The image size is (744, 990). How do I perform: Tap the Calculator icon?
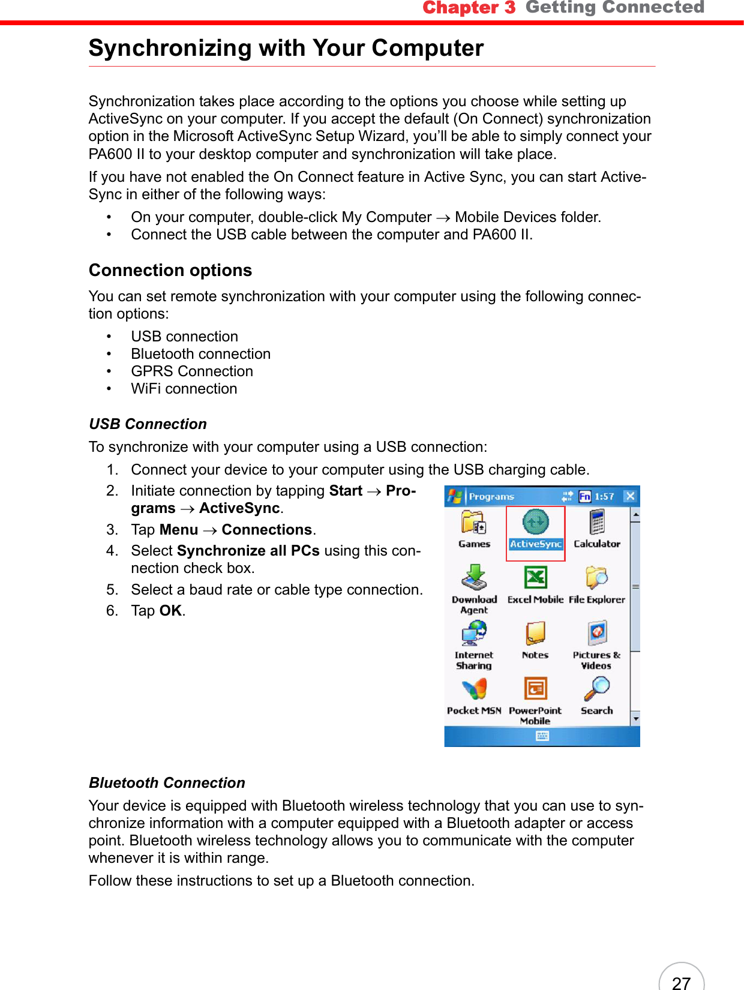coord(597,522)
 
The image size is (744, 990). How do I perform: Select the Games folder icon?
coord(474,523)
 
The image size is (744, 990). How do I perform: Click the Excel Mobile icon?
coord(535,578)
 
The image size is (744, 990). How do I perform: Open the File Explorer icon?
coord(596,578)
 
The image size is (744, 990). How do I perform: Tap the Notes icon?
coord(535,633)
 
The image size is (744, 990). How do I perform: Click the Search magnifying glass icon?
coord(597,689)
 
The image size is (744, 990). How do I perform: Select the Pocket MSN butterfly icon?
coord(474,689)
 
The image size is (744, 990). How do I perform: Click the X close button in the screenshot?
coord(630,496)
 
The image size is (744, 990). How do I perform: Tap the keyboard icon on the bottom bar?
coord(542,736)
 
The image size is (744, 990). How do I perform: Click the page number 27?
coord(681,982)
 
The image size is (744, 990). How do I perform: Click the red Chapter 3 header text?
coord(469,8)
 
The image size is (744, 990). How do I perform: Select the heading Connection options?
coord(170,271)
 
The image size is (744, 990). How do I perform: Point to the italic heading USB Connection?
coord(148,424)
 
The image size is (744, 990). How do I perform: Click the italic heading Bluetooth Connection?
coord(167,783)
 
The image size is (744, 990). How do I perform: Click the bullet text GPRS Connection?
coord(192,371)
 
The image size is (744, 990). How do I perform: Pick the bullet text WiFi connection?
coord(184,389)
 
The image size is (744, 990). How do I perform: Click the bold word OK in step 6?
coord(170,611)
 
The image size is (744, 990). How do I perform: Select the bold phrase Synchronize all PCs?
coord(248,551)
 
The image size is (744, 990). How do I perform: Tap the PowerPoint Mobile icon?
coord(535,689)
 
